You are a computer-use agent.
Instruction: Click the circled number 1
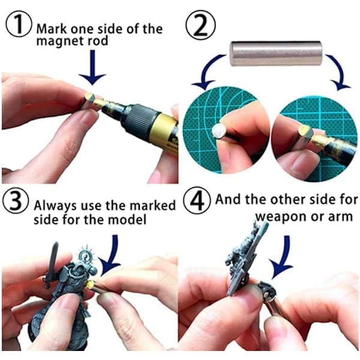point(19,24)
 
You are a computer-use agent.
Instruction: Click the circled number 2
point(200,25)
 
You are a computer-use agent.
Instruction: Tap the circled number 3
point(16,202)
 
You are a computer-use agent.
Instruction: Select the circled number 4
point(197,200)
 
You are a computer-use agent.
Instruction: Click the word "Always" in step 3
point(55,206)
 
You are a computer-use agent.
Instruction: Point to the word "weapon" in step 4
point(281,217)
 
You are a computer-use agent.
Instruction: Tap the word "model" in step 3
point(127,220)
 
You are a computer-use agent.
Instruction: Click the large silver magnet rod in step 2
point(276,53)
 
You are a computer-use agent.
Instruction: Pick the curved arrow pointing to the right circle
point(339,71)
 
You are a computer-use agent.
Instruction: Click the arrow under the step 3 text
point(112,255)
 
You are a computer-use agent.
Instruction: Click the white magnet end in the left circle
point(218,131)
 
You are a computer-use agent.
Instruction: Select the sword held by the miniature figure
point(51,265)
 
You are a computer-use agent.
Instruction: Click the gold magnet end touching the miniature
point(90,285)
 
